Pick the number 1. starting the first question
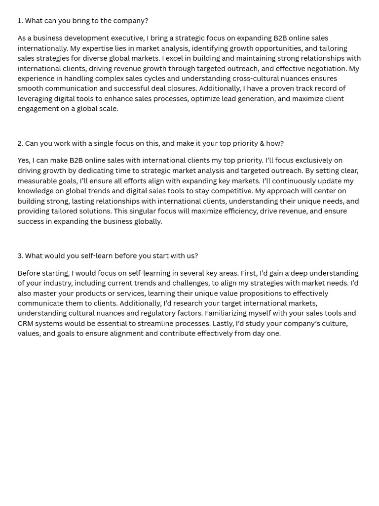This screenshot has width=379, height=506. pos(20,21)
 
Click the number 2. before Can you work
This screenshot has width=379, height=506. pos(20,143)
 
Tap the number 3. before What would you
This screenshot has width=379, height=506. pos(20,256)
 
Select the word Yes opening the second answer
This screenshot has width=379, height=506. pos(23,161)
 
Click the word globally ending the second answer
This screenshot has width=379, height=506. pos(147,221)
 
